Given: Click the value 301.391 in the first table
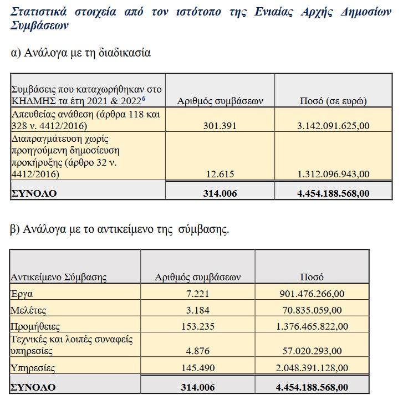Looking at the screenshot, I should point(220,126).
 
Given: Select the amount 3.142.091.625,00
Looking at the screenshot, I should point(333,126).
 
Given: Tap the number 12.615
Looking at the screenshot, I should point(220,174).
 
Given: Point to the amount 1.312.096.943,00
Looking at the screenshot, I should point(333,174).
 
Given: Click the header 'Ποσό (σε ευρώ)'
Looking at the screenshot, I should point(333,101).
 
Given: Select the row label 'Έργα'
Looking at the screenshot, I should point(22,293).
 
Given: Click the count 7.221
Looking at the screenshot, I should point(197,293).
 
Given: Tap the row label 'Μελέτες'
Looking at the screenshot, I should point(28,310).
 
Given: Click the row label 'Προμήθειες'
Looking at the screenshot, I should point(35,326).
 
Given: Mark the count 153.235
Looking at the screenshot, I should point(197,326).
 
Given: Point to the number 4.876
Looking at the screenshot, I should point(197,351).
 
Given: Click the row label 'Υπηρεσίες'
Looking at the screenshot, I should point(33,367).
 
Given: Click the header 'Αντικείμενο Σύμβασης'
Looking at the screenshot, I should point(59,276).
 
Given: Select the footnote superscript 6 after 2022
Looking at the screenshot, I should point(144,98).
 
